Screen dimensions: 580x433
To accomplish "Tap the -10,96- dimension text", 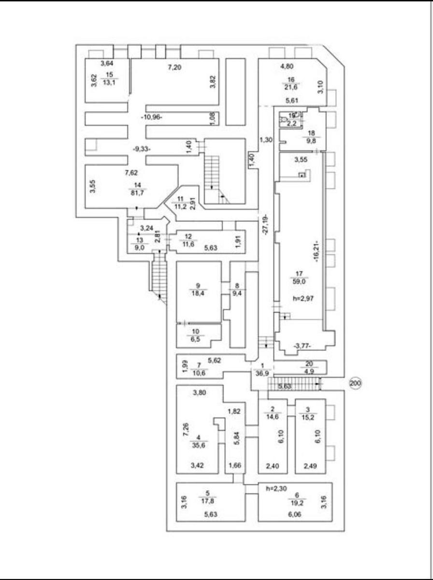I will [153, 117].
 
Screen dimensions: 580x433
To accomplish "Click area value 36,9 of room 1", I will [262, 373].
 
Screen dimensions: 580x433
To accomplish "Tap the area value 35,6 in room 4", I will [197, 447].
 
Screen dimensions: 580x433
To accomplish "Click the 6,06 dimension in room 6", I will [295, 515].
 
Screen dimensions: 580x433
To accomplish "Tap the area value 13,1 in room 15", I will [109, 82].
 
